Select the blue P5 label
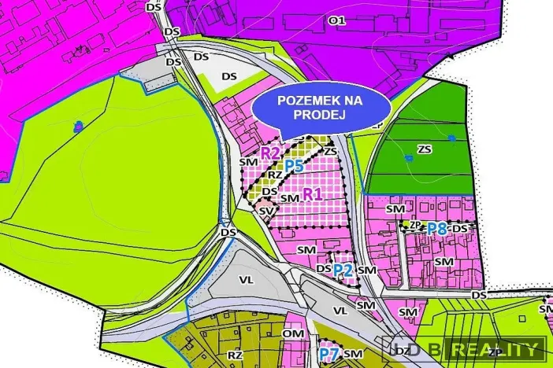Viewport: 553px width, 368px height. (x=294, y=166)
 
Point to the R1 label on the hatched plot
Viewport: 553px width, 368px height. (x=314, y=193)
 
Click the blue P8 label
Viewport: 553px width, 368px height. (x=436, y=229)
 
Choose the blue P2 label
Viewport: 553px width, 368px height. (x=343, y=270)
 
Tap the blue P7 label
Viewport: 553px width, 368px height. (x=328, y=355)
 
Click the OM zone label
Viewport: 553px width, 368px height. (x=294, y=334)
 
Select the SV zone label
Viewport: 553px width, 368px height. (x=265, y=212)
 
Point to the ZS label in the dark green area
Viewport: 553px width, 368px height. (x=425, y=149)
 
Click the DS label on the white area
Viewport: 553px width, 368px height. (x=229, y=76)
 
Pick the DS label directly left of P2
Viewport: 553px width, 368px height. (x=323, y=268)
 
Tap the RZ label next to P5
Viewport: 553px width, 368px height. (x=274, y=175)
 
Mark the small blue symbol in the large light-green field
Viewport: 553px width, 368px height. (x=77, y=126)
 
